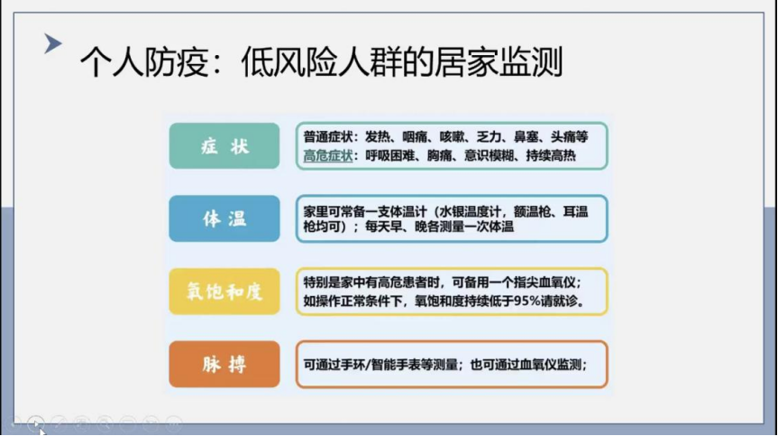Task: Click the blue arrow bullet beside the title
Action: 52,43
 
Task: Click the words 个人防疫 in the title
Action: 143,62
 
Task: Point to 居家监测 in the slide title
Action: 499,62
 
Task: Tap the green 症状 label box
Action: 224,146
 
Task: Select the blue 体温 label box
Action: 224,218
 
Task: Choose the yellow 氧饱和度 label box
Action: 224,292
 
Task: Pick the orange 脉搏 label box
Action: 224,364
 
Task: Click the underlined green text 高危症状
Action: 328,156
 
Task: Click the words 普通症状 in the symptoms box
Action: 328,136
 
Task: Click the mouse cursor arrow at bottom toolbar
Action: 41,431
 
